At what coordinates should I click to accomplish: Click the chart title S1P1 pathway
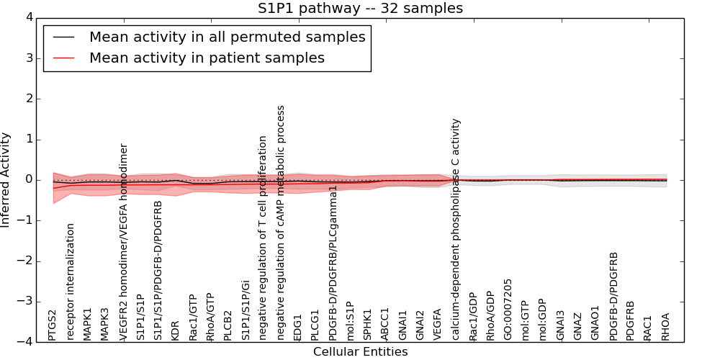pos(360,9)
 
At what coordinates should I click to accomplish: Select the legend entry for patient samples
pos(207,58)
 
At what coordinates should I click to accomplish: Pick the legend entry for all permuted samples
pos(227,37)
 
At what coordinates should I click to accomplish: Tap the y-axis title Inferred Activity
pos(6,180)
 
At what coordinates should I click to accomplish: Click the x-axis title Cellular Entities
pos(360,352)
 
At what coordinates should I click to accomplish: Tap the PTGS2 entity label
pos(53,325)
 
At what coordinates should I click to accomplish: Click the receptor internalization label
pos(71,282)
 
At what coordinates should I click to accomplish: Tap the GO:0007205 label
pos(508,310)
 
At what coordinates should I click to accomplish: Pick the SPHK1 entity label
pos(367,325)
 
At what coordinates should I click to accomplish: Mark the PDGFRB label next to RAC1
pos(631,321)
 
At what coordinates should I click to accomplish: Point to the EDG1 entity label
pos(297,327)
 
